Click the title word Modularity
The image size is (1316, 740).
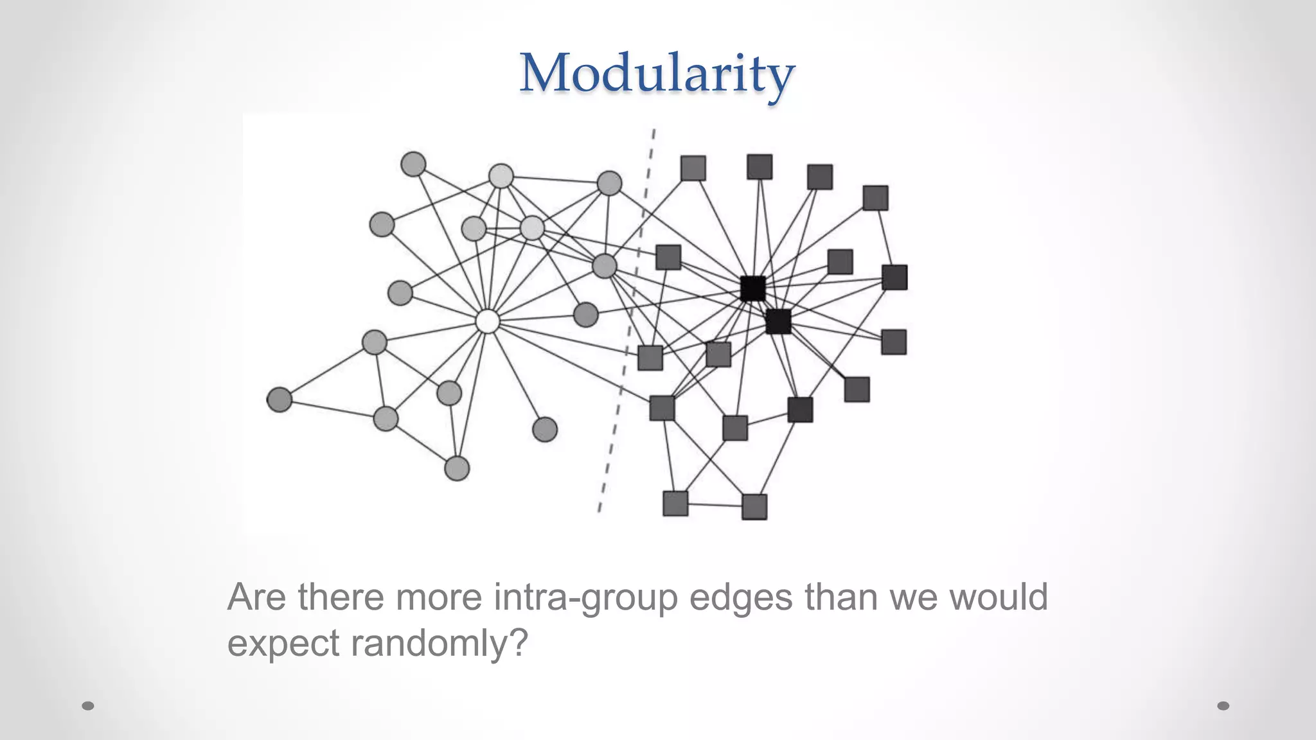(x=657, y=75)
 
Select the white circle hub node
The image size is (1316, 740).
(x=488, y=321)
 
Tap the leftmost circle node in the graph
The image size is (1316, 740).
(x=280, y=400)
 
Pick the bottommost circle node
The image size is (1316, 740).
(x=457, y=468)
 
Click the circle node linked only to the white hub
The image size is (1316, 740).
(x=545, y=429)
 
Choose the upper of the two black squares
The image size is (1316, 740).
(x=752, y=288)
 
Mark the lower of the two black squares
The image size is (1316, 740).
(x=778, y=321)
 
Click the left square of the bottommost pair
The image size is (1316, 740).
(x=675, y=504)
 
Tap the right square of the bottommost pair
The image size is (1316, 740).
(x=754, y=507)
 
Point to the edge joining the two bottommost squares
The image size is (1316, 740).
(x=715, y=505)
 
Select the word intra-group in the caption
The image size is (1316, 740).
(x=585, y=597)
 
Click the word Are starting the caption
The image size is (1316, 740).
(x=256, y=597)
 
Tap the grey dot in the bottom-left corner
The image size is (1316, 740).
(x=88, y=706)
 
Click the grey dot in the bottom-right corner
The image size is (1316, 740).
(x=1223, y=706)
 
